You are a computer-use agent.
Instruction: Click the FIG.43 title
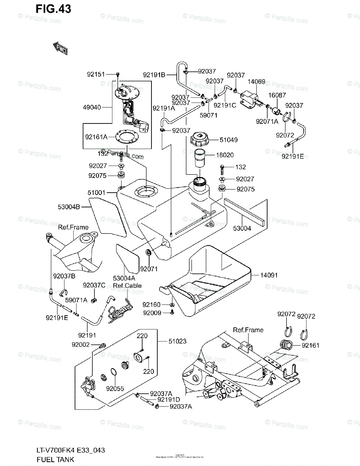pyautogui.click(x=53, y=9)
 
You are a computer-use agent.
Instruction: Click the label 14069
pyautogui.click(x=256, y=82)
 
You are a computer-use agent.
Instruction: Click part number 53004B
pyautogui.click(x=69, y=207)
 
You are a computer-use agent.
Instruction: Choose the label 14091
pyautogui.click(x=266, y=275)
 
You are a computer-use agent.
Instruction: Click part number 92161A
pyautogui.click(x=96, y=137)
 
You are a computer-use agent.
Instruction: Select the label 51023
pyautogui.click(x=177, y=341)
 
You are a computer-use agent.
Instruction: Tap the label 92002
pyautogui.click(x=81, y=344)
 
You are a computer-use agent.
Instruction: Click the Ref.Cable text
pyautogui.click(x=127, y=285)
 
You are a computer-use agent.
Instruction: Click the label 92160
pyautogui.click(x=152, y=305)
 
